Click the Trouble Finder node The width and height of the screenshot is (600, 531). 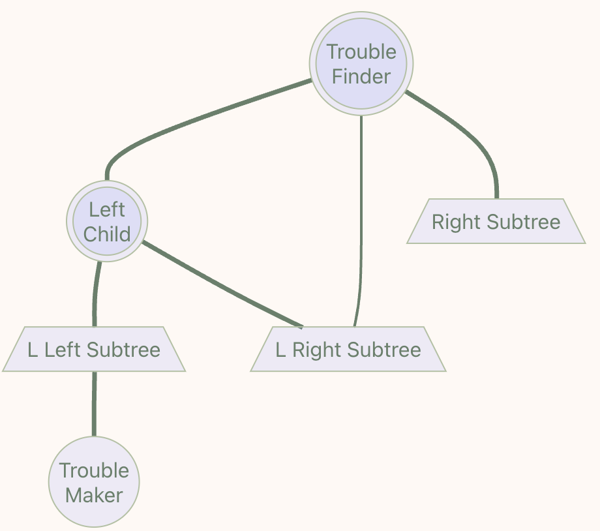361,64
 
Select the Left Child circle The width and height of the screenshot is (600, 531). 107,222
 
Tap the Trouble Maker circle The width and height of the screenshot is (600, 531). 94,482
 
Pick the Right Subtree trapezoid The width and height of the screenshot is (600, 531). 496,222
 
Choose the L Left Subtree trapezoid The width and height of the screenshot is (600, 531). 94,350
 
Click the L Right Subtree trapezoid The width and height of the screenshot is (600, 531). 348,350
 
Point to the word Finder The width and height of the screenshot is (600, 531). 361,76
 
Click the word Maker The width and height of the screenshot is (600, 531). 94,495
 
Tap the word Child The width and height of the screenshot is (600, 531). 107,234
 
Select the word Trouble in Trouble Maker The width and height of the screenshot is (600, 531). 94,470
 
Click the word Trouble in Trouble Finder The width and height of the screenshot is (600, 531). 361,52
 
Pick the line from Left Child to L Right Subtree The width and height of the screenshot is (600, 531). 222,284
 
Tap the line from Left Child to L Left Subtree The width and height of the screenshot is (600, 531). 95,294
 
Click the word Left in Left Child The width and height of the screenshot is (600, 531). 107,209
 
